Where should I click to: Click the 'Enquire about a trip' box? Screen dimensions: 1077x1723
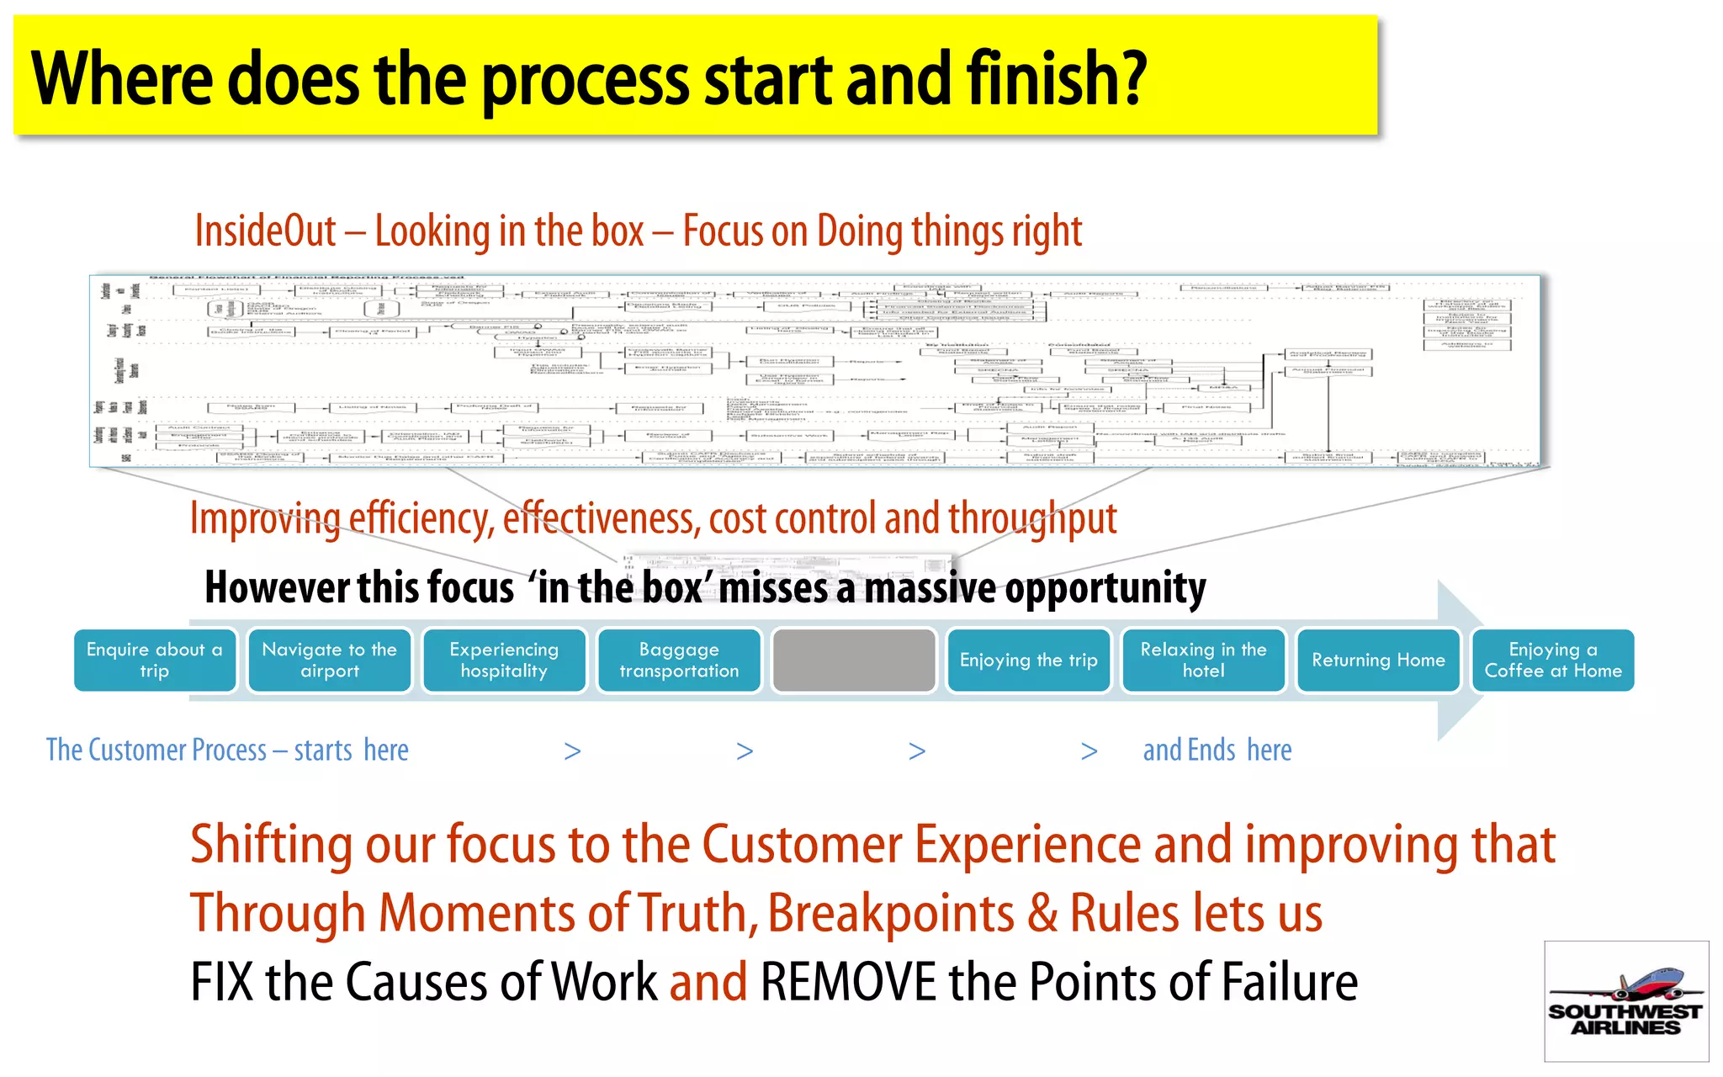[155, 661]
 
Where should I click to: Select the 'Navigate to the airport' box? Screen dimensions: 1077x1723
[329, 661]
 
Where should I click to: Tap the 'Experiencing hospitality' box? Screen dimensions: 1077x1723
[504, 661]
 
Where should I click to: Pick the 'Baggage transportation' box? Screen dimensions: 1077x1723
[679, 661]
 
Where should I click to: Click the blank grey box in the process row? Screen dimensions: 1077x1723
[853, 661]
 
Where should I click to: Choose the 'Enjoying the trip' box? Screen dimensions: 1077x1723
[1028, 661]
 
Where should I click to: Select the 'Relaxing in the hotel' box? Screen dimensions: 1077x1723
[1203, 661]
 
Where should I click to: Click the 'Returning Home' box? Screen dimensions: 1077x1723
[1378, 661]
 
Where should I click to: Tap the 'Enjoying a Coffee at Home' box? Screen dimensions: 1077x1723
[1552, 661]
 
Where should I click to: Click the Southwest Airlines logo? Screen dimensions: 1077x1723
[1625, 1001]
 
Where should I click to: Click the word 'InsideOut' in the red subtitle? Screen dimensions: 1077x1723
[265, 231]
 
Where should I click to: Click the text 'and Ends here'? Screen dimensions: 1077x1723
[1217, 750]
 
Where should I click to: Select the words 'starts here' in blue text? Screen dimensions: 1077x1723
[351, 750]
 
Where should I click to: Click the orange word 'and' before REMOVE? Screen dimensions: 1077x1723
[708, 983]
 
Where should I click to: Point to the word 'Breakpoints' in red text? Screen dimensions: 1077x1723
[891, 914]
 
